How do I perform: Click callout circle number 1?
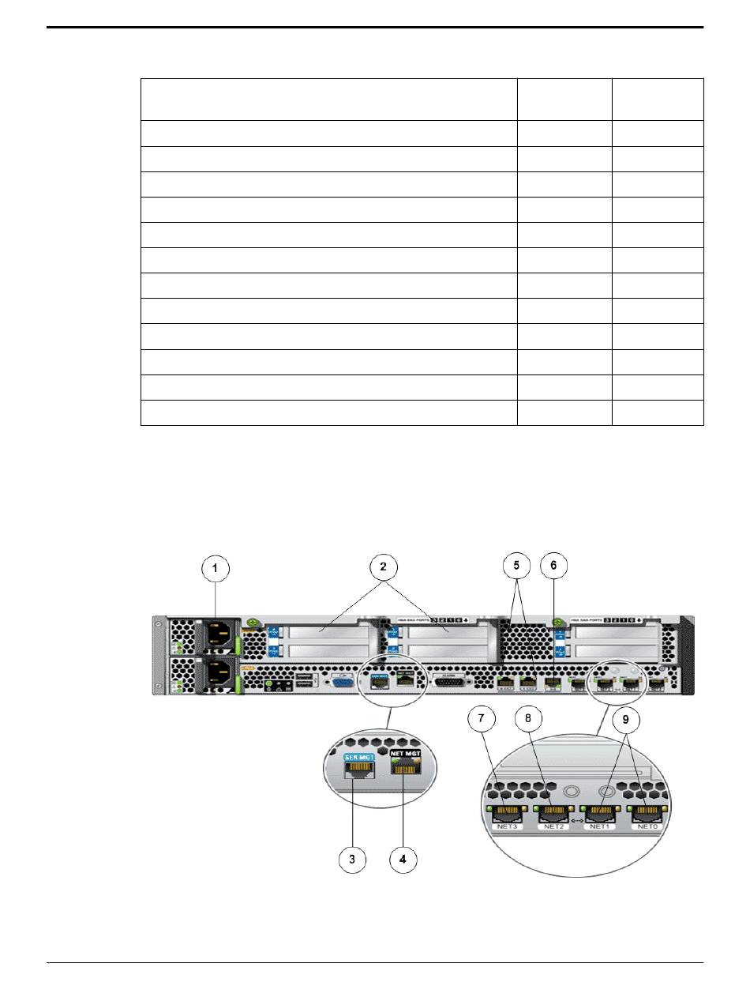[214, 568]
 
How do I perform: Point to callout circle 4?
[403, 859]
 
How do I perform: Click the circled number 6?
[553, 568]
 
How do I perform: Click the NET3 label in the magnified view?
[508, 826]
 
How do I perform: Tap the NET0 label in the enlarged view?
[647, 826]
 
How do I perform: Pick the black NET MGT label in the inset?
[404, 755]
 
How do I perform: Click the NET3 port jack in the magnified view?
[508, 811]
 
